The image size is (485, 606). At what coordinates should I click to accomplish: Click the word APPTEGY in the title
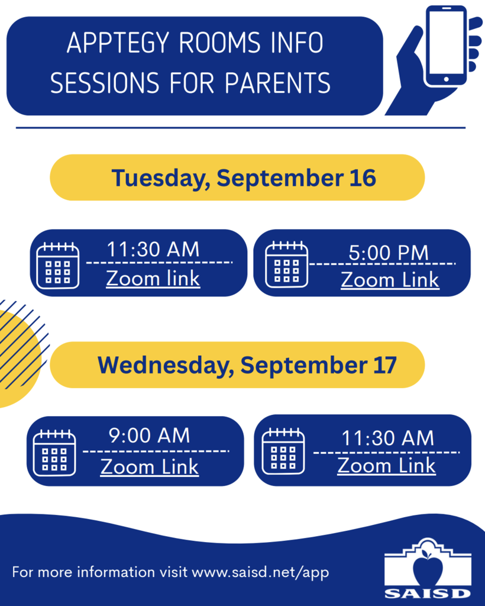click(118, 43)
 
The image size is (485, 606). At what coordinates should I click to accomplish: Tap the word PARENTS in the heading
click(277, 83)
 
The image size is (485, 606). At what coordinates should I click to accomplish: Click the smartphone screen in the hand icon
click(447, 43)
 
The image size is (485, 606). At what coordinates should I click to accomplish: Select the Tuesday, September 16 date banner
click(237, 178)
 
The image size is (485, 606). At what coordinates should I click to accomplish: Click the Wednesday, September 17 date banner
click(237, 365)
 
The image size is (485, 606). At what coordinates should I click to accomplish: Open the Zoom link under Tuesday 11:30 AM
click(153, 278)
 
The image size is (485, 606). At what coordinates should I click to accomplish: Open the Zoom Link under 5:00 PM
click(390, 279)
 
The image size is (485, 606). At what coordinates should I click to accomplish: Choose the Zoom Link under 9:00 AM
click(150, 466)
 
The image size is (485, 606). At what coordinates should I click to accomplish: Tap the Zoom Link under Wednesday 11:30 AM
click(387, 465)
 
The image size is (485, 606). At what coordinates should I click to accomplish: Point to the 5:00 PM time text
click(389, 253)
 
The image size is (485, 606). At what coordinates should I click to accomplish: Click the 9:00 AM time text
click(149, 436)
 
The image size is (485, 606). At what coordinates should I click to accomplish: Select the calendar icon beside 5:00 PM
click(286, 265)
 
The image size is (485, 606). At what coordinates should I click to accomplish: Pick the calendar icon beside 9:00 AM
click(54, 453)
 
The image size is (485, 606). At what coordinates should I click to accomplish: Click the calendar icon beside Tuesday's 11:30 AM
click(57, 266)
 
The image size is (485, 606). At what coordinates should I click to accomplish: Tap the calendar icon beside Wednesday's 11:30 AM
click(283, 451)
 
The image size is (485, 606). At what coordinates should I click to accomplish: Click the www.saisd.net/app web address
click(260, 572)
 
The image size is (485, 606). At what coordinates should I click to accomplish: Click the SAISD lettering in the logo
click(428, 593)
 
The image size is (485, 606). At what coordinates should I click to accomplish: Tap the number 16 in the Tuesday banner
click(363, 178)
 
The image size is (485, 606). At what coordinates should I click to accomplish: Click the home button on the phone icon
click(447, 79)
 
